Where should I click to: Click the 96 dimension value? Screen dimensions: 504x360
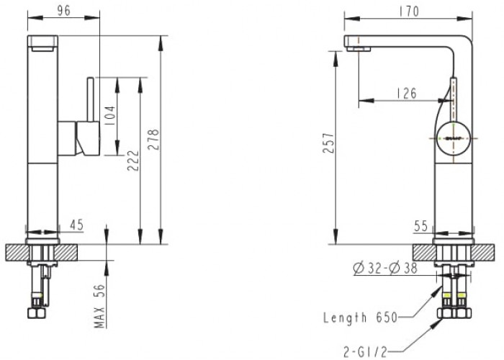pyautogui.click(x=63, y=11)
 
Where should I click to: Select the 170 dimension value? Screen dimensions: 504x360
pyautogui.click(x=409, y=12)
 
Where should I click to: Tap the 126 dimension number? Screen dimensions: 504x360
pyautogui.click(x=405, y=93)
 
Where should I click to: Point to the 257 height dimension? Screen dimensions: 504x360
pyautogui.click(x=329, y=143)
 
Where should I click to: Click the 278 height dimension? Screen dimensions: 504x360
pyautogui.click(x=153, y=139)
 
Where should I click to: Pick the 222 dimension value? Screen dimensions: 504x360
pyautogui.click(x=133, y=161)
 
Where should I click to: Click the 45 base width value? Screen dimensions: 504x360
pyautogui.click(x=77, y=225)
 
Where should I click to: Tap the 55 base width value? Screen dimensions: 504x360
pyautogui.click(x=421, y=226)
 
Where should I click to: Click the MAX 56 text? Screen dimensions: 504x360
pyautogui.click(x=99, y=306)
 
